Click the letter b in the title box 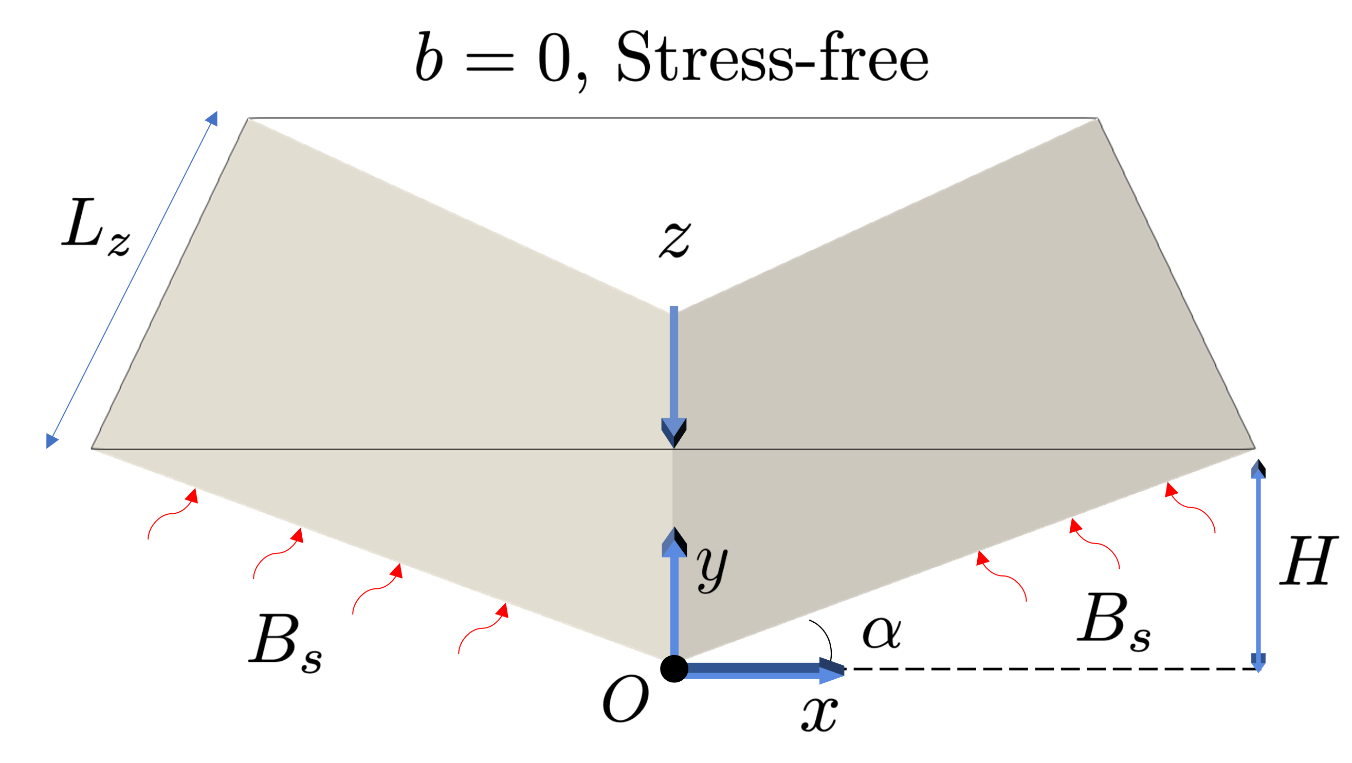pos(428,58)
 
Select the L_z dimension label pos(92,222)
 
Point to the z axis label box pos(674,238)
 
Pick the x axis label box pos(817,715)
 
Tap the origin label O pos(621,700)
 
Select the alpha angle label pos(881,634)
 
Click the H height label pos(1308,560)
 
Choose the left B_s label pos(282,640)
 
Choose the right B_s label pos(1111,619)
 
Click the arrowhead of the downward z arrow pos(674,432)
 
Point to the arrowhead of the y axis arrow pos(674,542)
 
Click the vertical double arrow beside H pos(1258,566)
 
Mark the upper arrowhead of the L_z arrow pos(212,118)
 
